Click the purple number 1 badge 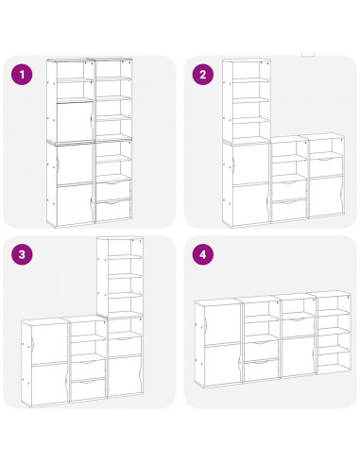(22, 75)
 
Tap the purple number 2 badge (203, 75)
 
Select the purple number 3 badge (22, 254)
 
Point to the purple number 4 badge (203, 254)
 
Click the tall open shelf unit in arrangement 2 (247, 100)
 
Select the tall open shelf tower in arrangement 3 (120, 278)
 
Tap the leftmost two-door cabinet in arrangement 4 (219, 343)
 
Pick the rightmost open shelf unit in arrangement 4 (334, 332)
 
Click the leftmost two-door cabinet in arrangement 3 (45, 363)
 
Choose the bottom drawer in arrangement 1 (113, 209)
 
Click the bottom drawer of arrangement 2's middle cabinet (288, 210)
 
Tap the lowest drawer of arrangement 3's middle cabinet (88, 389)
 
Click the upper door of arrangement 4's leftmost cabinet (223, 324)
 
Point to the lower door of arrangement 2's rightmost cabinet (326, 196)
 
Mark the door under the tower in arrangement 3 (125, 375)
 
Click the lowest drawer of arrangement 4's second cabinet (261, 370)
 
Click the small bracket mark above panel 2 (308, 55)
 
